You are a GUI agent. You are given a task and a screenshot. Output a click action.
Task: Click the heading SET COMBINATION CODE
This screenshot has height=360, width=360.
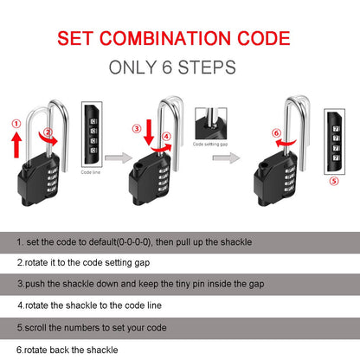pos(180,39)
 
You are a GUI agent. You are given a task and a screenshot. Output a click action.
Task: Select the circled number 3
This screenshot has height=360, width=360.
pos(136,129)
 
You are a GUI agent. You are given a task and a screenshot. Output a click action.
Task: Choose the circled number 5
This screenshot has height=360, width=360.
pos(335,182)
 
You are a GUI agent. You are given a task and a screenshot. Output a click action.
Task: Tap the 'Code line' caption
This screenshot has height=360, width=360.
pos(90,172)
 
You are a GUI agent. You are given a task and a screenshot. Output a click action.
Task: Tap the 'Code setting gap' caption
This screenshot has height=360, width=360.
pos(209,144)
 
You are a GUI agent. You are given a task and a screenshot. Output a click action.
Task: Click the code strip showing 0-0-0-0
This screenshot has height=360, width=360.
pos(90,134)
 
